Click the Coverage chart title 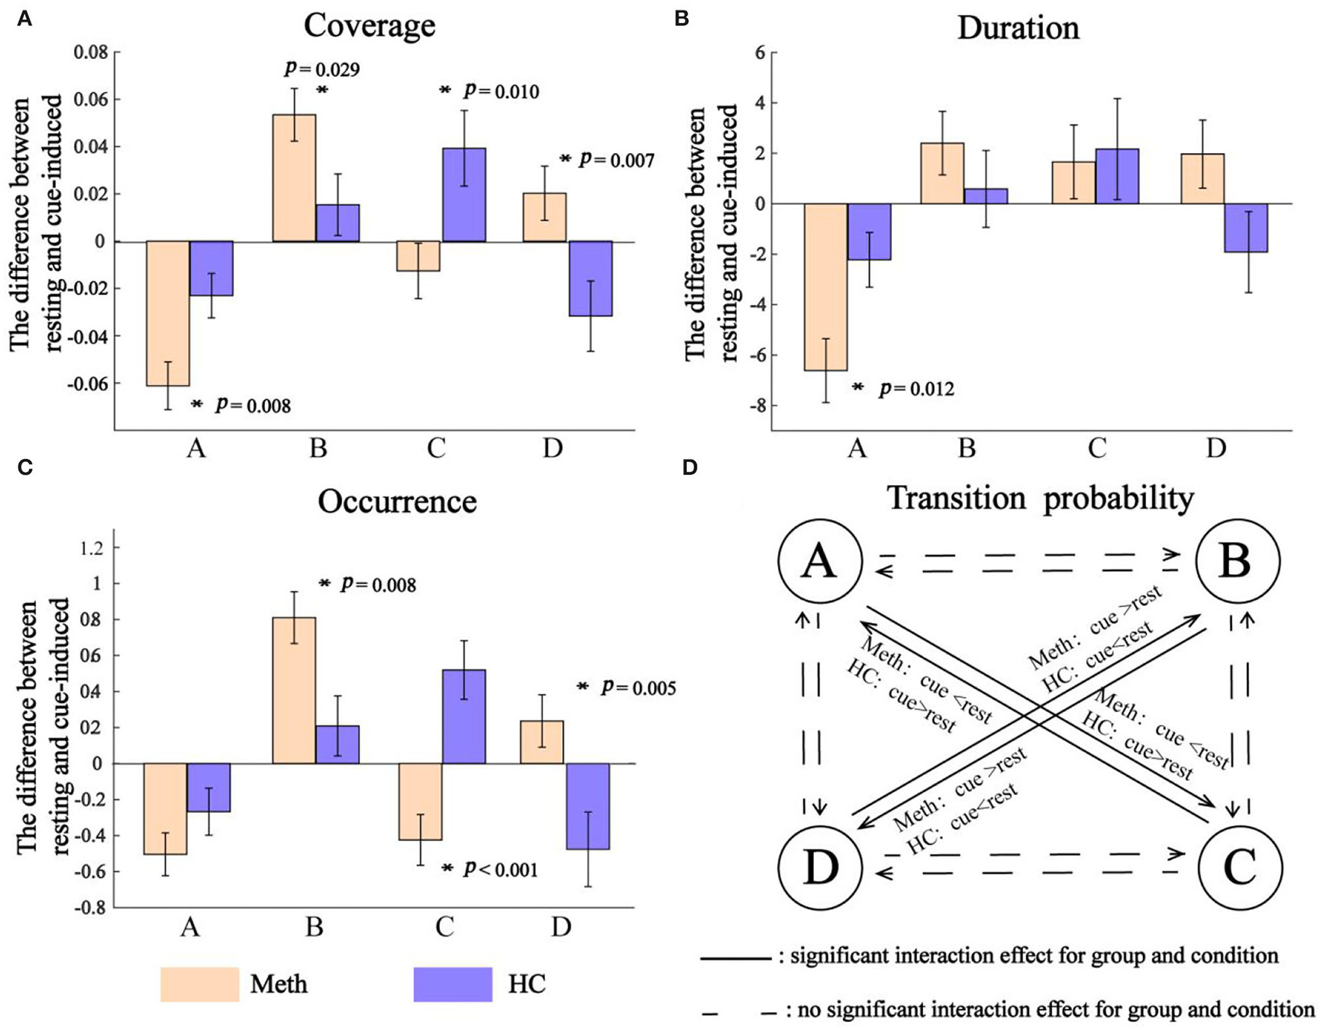pos(369,25)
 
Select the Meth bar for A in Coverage pos(168,313)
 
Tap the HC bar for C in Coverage pos(464,195)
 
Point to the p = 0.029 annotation pos(322,69)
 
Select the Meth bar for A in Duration pos(825,287)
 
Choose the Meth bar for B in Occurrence pos(294,690)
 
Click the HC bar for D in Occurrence pos(588,806)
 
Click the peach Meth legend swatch pos(199,984)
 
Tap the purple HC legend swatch pos(452,984)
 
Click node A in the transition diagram pos(820,561)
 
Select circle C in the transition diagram pos(1239,867)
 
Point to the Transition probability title pos(1040,499)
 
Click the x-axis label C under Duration pos(1096,448)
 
